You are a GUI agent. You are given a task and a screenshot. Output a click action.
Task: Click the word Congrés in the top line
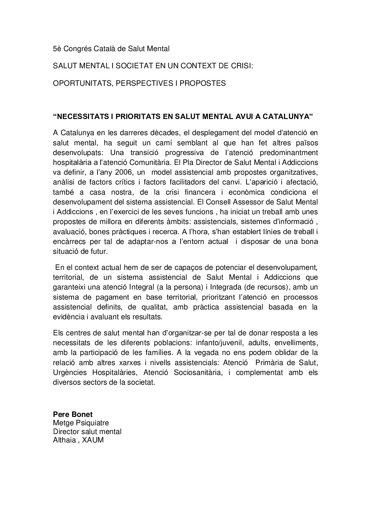pyautogui.click(x=76, y=49)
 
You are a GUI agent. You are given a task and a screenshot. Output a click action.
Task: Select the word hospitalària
pyautogui.click(x=71, y=163)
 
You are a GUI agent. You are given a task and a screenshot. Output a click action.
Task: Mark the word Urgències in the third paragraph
pyautogui.click(x=69, y=372)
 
